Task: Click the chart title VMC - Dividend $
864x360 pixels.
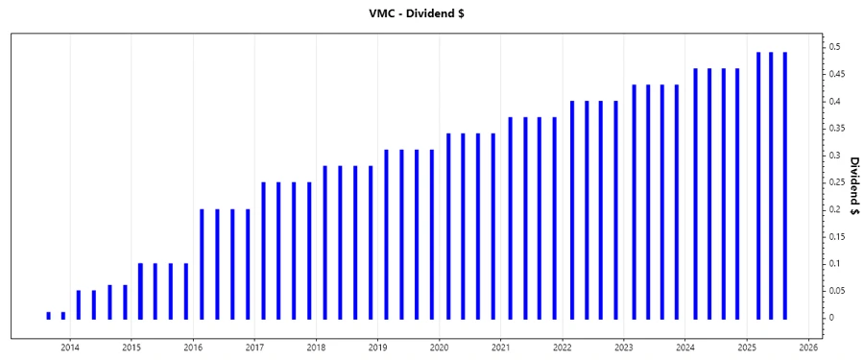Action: [x=432, y=13]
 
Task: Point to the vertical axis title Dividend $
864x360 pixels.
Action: [x=852, y=182]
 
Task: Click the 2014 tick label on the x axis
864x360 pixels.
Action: [x=70, y=347]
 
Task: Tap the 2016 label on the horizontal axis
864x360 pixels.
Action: [x=193, y=347]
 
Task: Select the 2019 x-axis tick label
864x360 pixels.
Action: [x=378, y=347]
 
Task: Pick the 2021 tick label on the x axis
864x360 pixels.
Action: [x=501, y=347]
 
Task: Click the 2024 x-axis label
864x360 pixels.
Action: [x=685, y=347]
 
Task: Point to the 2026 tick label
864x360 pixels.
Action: [x=808, y=347]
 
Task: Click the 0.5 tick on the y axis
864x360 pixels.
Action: [x=835, y=47]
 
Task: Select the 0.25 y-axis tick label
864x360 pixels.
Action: [x=838, y=182]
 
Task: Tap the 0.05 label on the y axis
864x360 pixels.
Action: [x=838, y=290]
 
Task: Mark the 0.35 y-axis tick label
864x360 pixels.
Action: [x=838, y=128]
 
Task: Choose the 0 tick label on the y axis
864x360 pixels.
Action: [x=832, y=318]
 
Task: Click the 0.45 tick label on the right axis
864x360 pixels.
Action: [x=838, y=74]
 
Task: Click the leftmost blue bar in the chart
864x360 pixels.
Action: [x=49, y=315]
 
